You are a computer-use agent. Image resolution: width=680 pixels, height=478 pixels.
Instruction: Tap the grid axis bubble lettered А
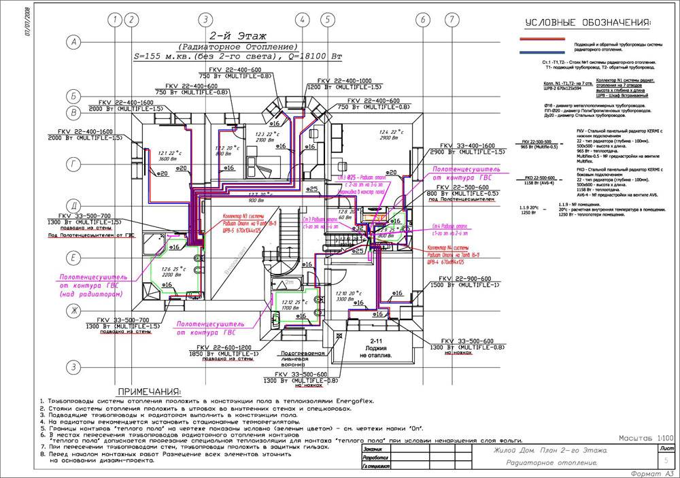71,43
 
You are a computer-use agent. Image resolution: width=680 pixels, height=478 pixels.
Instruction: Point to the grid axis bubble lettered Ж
71,310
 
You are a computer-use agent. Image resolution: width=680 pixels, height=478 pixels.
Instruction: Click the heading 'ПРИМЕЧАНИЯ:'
149,392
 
